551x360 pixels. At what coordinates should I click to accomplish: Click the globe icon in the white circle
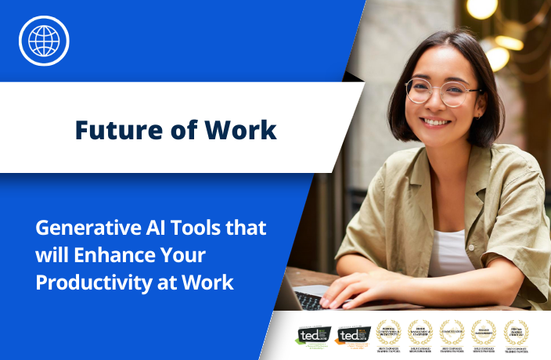coord(44,40)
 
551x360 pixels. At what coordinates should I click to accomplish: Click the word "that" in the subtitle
coord(247,229)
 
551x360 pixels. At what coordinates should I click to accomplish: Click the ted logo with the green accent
coord(310,335)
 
